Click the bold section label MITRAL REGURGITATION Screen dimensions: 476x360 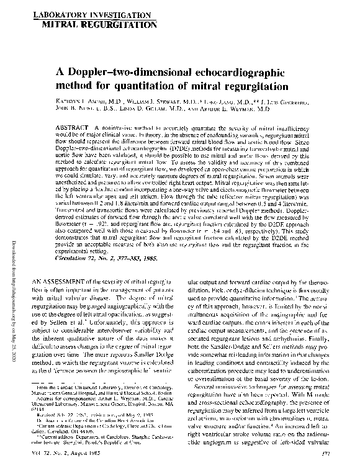pyautogui.click(x=98, y=24)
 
